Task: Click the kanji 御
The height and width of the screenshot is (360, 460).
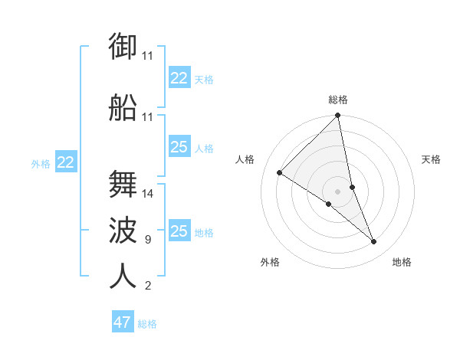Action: (123, 47)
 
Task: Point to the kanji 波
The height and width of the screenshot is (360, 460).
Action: (123, 231)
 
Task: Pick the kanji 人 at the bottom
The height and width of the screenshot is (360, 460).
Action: (123, 277)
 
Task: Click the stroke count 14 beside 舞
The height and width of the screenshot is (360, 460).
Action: (148, 194)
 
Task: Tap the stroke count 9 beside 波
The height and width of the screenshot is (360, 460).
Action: (147, 240)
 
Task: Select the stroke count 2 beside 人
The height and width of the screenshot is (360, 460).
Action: (147, 286)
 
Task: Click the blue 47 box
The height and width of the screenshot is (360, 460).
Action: (123, 322)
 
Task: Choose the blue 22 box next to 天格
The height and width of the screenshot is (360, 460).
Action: (179, 78)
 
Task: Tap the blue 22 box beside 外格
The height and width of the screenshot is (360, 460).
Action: (66, 162)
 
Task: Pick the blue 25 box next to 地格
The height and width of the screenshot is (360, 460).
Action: (179, 231)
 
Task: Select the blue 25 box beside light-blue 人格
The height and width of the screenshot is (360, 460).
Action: (179, 147)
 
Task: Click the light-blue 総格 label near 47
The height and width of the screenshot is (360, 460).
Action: (147, 324)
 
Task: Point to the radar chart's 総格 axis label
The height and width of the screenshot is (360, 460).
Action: (338, 100)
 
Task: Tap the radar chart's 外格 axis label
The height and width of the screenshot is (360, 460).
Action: (270, 262)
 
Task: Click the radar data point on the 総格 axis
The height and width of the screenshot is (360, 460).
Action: (338, 116)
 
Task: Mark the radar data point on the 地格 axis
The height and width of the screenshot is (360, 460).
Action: (374, 242)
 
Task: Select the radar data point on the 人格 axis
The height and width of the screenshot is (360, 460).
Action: (280, 173)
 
